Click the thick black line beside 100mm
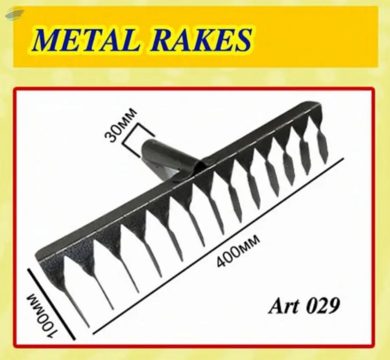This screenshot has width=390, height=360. click(52, 303)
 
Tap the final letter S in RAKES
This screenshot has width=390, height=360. click(243, 40)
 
